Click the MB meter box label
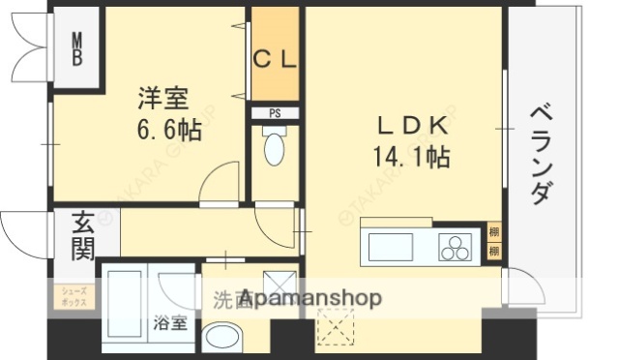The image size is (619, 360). tap(77, 48)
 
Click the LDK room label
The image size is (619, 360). tap(410, 125)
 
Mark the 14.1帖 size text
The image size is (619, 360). tap(410, 156)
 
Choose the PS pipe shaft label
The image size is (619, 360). tap(275, 113)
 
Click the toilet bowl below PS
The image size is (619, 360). tap(275, 148)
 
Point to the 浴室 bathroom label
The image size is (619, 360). tap(170, 323)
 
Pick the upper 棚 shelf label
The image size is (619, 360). tap(494, 232)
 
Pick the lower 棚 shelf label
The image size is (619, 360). tap(494, 252)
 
